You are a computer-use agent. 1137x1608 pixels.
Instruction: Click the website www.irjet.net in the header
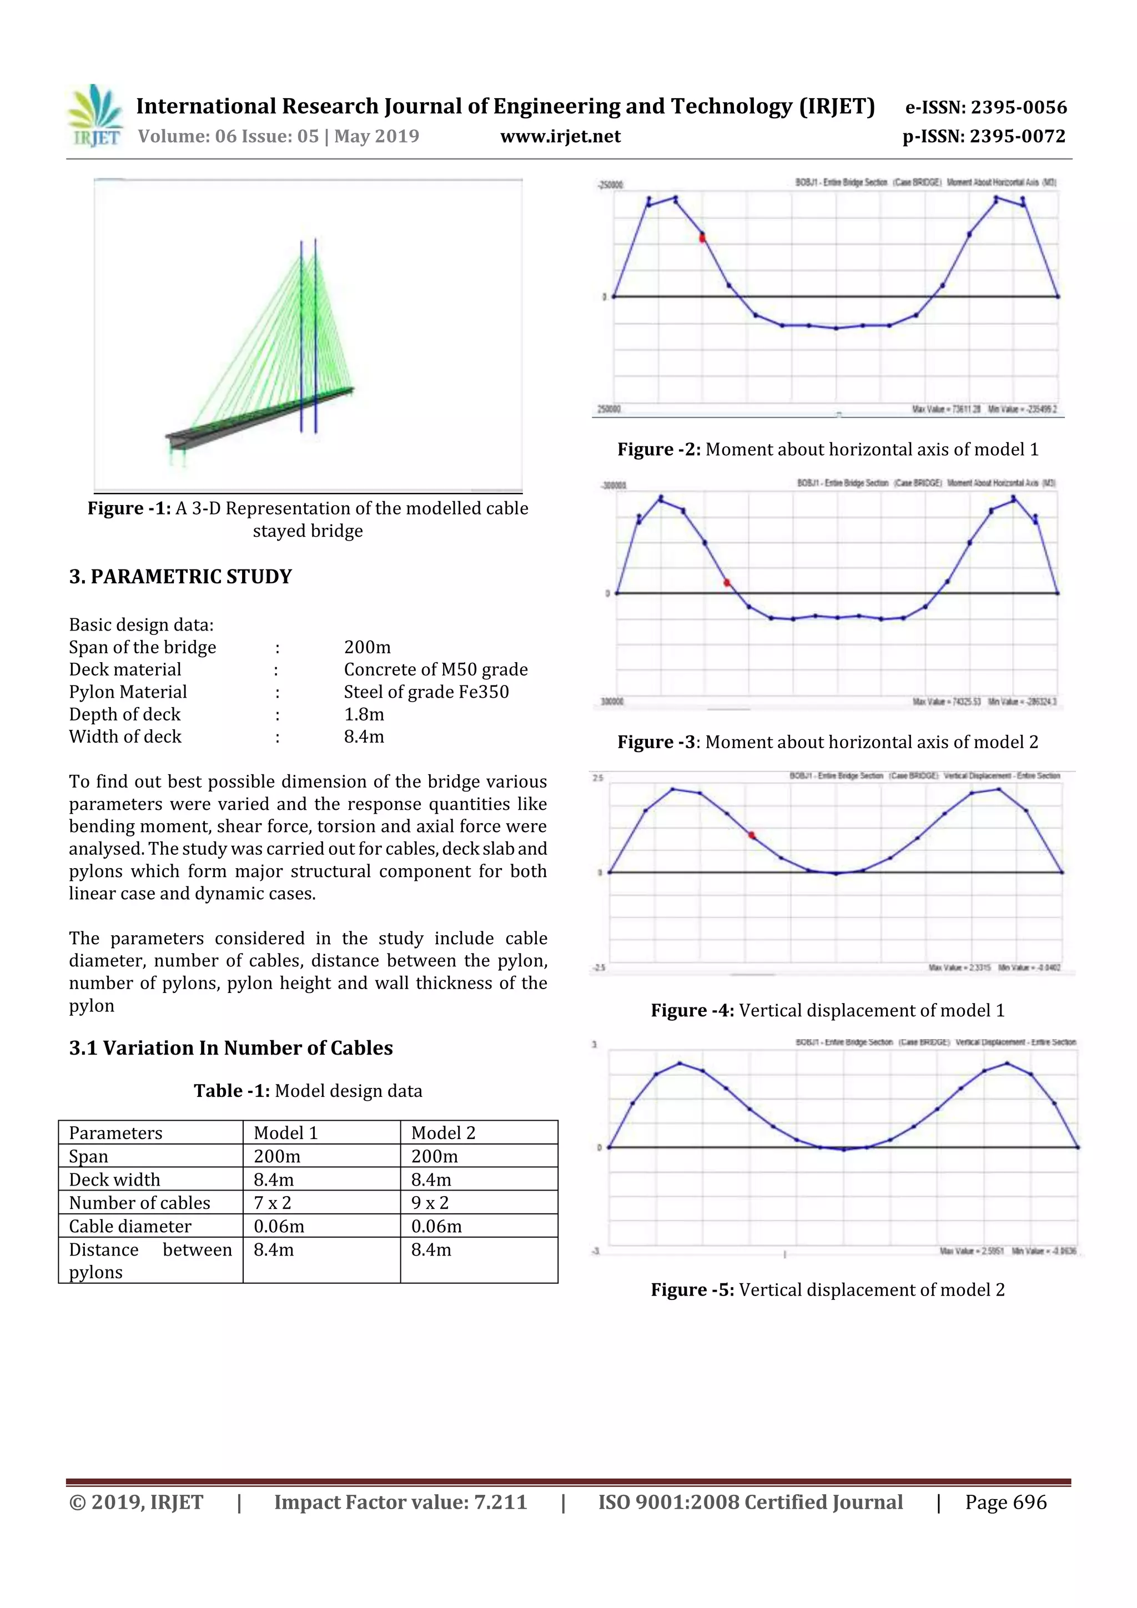560,136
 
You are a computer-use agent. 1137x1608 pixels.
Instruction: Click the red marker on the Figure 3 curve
727,583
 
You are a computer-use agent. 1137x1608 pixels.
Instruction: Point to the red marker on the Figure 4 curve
752,835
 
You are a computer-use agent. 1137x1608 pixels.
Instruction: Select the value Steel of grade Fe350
426,692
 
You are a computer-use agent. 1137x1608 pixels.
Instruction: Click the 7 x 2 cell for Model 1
272,1202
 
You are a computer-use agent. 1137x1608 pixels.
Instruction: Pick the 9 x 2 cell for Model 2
430,1202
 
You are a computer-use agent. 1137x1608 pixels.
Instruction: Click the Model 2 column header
442,1132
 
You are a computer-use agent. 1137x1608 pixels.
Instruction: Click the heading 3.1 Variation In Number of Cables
230,1048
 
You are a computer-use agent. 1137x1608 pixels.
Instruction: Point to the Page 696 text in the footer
1005,1501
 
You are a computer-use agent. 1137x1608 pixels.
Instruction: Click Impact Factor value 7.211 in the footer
400,1501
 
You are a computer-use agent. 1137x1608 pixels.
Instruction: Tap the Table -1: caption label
231,1091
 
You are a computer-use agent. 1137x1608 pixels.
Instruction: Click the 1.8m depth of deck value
364,714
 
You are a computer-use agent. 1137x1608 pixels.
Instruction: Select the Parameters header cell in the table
115,1132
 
